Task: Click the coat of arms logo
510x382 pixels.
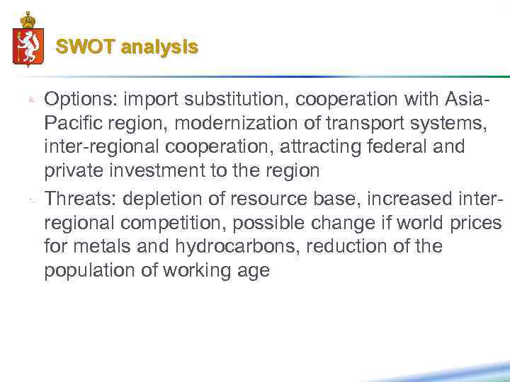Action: tap(28, 40)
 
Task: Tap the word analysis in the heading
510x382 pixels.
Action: tap(159, 47)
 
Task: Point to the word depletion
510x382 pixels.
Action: tap(162, 198)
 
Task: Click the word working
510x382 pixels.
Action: tap(198, 271)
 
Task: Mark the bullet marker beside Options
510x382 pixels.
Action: tap(31, 100)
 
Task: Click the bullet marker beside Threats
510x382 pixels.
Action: tap(31, 199)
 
